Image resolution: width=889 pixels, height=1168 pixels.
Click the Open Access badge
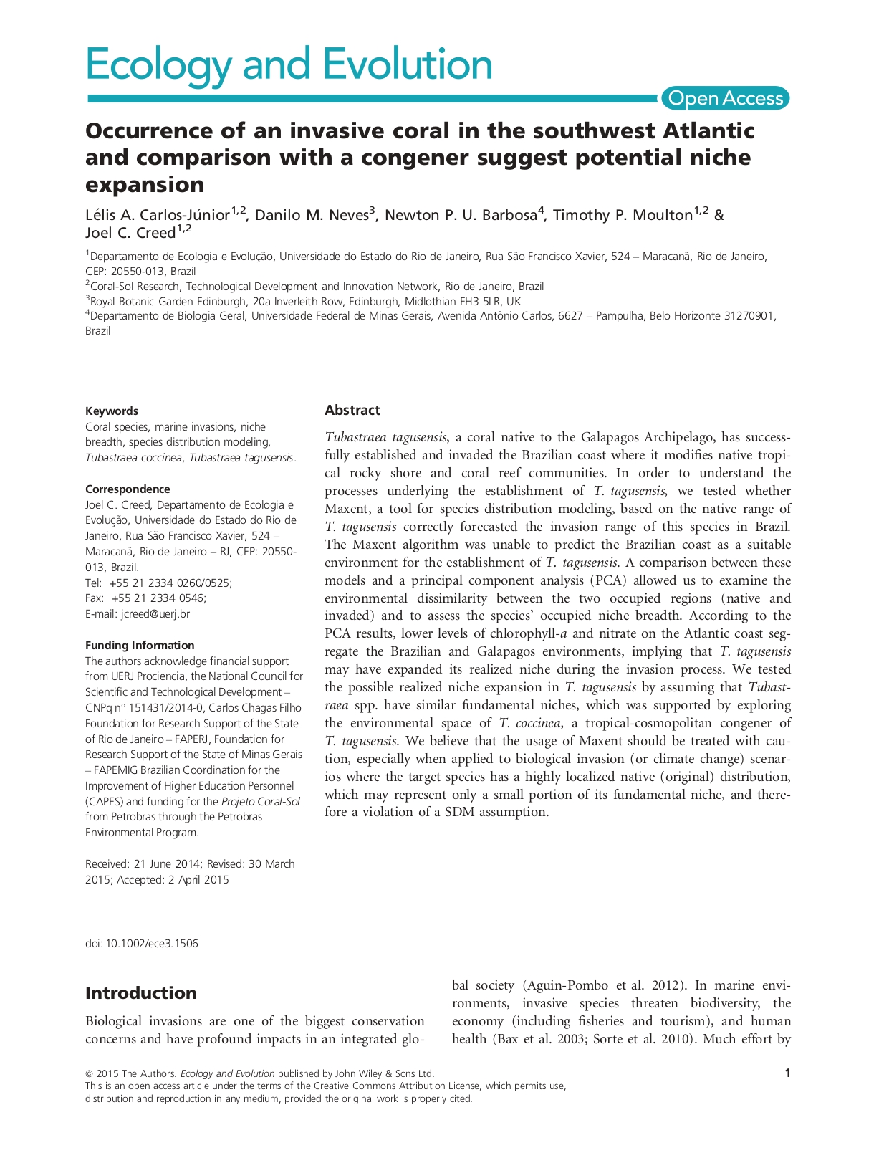pos(725,98)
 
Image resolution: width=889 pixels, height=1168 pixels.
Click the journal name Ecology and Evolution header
pos(289,64)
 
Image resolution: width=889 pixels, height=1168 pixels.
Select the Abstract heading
pos(352,410)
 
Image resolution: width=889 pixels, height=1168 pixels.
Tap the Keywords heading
pos(112,411)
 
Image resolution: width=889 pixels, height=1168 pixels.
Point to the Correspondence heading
pos(128,489)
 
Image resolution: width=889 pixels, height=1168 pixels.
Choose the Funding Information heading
pos(140,645)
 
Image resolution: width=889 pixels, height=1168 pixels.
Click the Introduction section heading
pos(140,992)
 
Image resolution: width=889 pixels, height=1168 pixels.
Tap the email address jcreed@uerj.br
pos(155,613)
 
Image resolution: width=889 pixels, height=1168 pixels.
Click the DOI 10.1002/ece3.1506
pos(142,943)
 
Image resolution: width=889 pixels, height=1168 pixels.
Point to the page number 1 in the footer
pos(788,1073)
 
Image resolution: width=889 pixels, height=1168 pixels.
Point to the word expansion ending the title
pos(145,185)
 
